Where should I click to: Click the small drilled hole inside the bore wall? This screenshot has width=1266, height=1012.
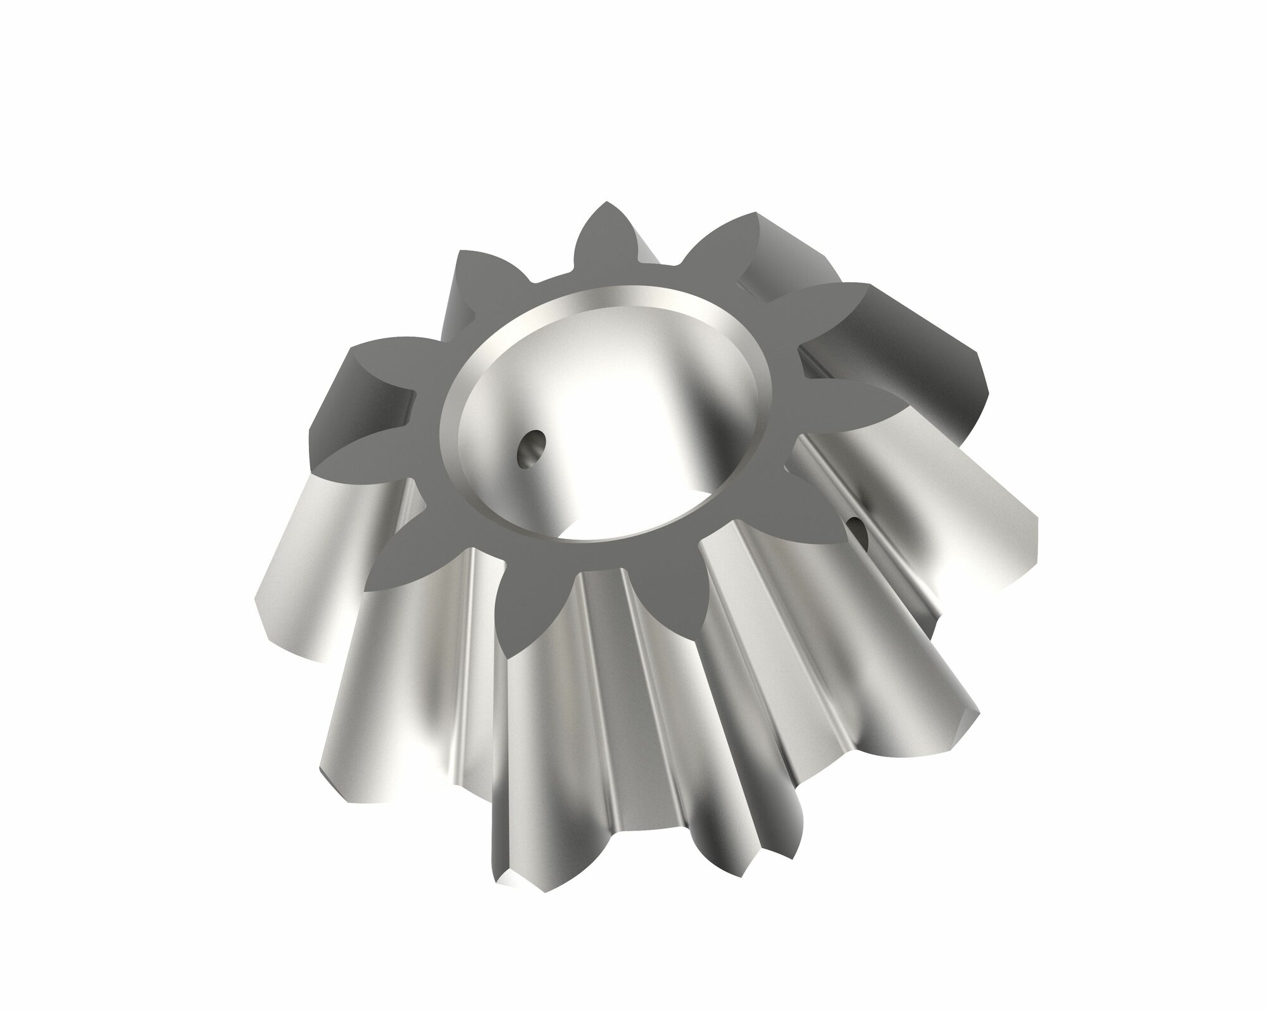[x=530, y=450]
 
